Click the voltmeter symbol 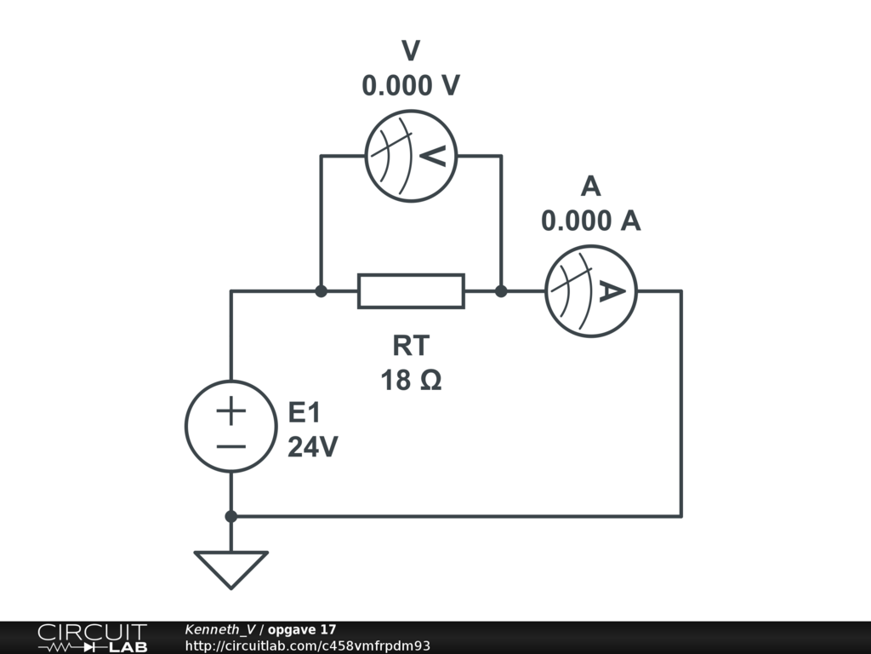pos(411,156)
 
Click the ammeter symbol pos(590,291)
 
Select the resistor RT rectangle pos(411,291)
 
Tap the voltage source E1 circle pos(231,426)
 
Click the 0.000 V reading pos(411,85)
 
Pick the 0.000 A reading pos(590,221)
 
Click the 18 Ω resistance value pos(411,380)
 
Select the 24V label pos(312,447)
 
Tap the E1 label pos(305,414)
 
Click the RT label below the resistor pos(411,346)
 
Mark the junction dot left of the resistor pos(321,291)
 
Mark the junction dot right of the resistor pos(501,291)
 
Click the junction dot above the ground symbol pos(231,516)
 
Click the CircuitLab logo pos(92,638)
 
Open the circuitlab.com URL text pos(307,645)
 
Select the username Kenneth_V pos(220,629)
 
